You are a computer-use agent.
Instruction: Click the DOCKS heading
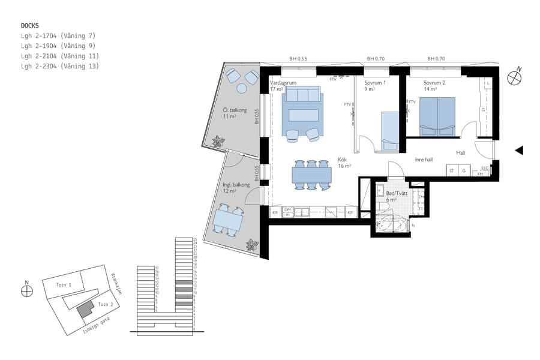pyautogui.click(x=29, y=26)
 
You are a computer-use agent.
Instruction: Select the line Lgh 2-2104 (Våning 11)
pyautogui.click(x=59, y=56)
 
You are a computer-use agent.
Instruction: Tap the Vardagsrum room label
pyautogui.click(x=283, y=83)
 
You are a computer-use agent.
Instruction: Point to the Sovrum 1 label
pyautogui.click(x=375, y=83)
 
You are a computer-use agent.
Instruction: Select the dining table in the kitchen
pyautogui.click(x=311, y=175)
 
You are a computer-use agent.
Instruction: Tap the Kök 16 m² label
pyautogui.click(x=344, y=163)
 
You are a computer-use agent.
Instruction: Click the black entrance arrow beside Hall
pyautogui.click(x=520, y=151)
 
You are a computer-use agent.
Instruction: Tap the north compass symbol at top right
pyautogui.click(x=514, y=77)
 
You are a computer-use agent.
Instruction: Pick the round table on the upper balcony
pyautogui.click(x=242, y=88)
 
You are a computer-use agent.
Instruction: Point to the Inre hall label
pyautogui.click(x=424, y=160)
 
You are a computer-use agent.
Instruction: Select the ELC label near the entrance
pyautogui.click(x=485, y=168)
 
